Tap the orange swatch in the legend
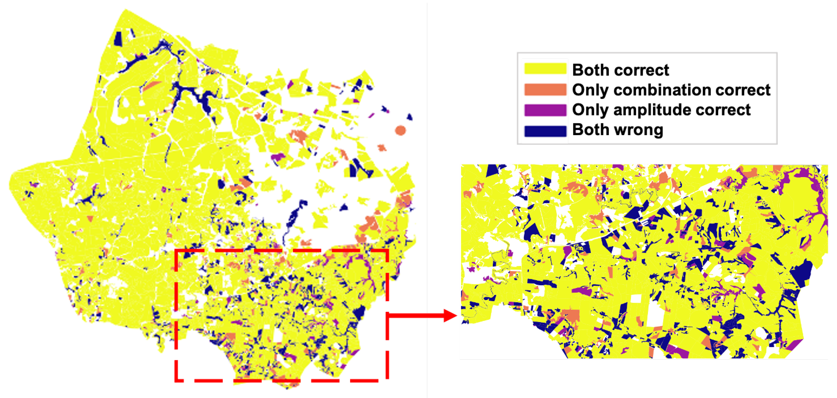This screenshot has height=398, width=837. (545, 89)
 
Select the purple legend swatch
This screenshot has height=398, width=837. (545, 110)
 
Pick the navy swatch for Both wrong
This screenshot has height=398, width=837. (545, 130)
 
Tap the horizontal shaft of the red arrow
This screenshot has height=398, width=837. (416, 315)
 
